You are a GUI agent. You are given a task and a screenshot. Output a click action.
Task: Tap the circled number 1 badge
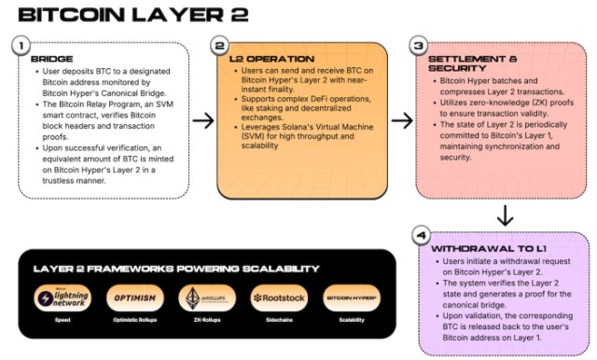click(x=21, y=47)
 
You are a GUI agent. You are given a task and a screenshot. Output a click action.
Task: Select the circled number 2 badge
click(x=219, y=46)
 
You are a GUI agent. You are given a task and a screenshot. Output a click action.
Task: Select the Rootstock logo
click(x=277, y=298)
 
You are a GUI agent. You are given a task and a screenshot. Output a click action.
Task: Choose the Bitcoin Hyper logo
click(x=351, y=298)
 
